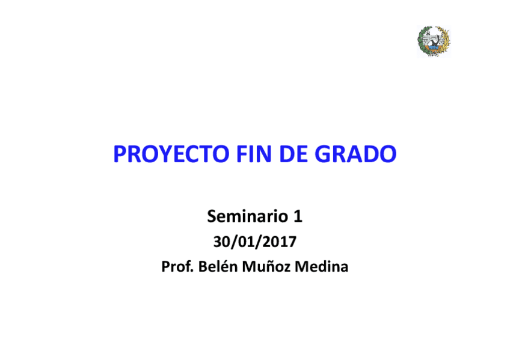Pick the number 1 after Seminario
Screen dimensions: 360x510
click(x=298, y=215)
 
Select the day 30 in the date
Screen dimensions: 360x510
click(x=221, y=242)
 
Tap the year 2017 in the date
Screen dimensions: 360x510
click(x=280, y=242)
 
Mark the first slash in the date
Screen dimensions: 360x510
click(x=233, y=242)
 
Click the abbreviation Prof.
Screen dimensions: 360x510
click(x=175, y=267)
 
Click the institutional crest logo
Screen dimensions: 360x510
click(x=434, y=41)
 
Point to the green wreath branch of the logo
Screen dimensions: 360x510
click(x=422, y=42)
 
